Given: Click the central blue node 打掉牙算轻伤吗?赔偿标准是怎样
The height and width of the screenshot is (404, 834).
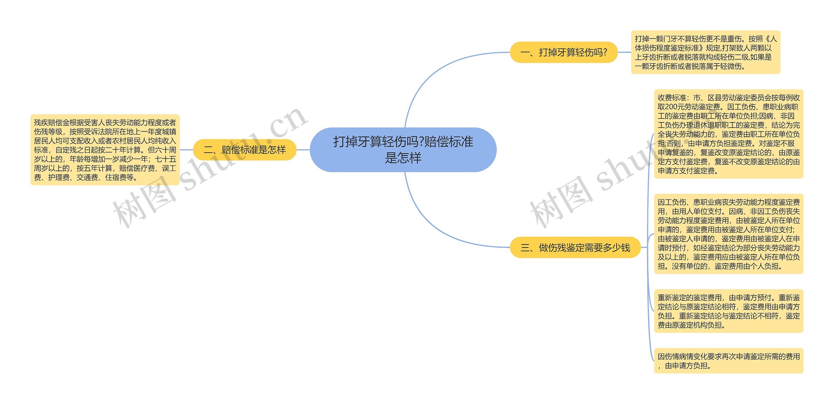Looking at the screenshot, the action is (403, 150).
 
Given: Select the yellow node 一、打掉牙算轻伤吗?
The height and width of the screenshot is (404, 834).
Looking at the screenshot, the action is (564, 52).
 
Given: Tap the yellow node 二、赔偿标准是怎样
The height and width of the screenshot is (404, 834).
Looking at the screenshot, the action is (245, 150).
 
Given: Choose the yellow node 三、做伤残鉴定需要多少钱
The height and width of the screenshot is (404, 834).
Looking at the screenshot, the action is (575, 247).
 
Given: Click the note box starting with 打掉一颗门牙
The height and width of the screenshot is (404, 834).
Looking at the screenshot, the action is (706, 52).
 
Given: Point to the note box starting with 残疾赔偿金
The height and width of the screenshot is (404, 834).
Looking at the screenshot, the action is (105, 150).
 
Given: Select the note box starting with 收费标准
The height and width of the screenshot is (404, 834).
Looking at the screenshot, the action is (728, 134).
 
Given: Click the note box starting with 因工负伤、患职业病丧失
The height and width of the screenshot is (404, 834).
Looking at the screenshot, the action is (728, 234).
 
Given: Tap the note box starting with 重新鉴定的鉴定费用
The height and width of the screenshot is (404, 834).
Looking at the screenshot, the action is (728, 311).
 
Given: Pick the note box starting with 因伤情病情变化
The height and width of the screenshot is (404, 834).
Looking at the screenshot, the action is (728, 361).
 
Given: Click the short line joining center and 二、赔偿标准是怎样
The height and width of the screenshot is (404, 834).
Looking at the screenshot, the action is (303, 150).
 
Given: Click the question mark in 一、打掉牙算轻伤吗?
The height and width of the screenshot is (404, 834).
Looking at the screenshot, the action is (605, 52).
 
